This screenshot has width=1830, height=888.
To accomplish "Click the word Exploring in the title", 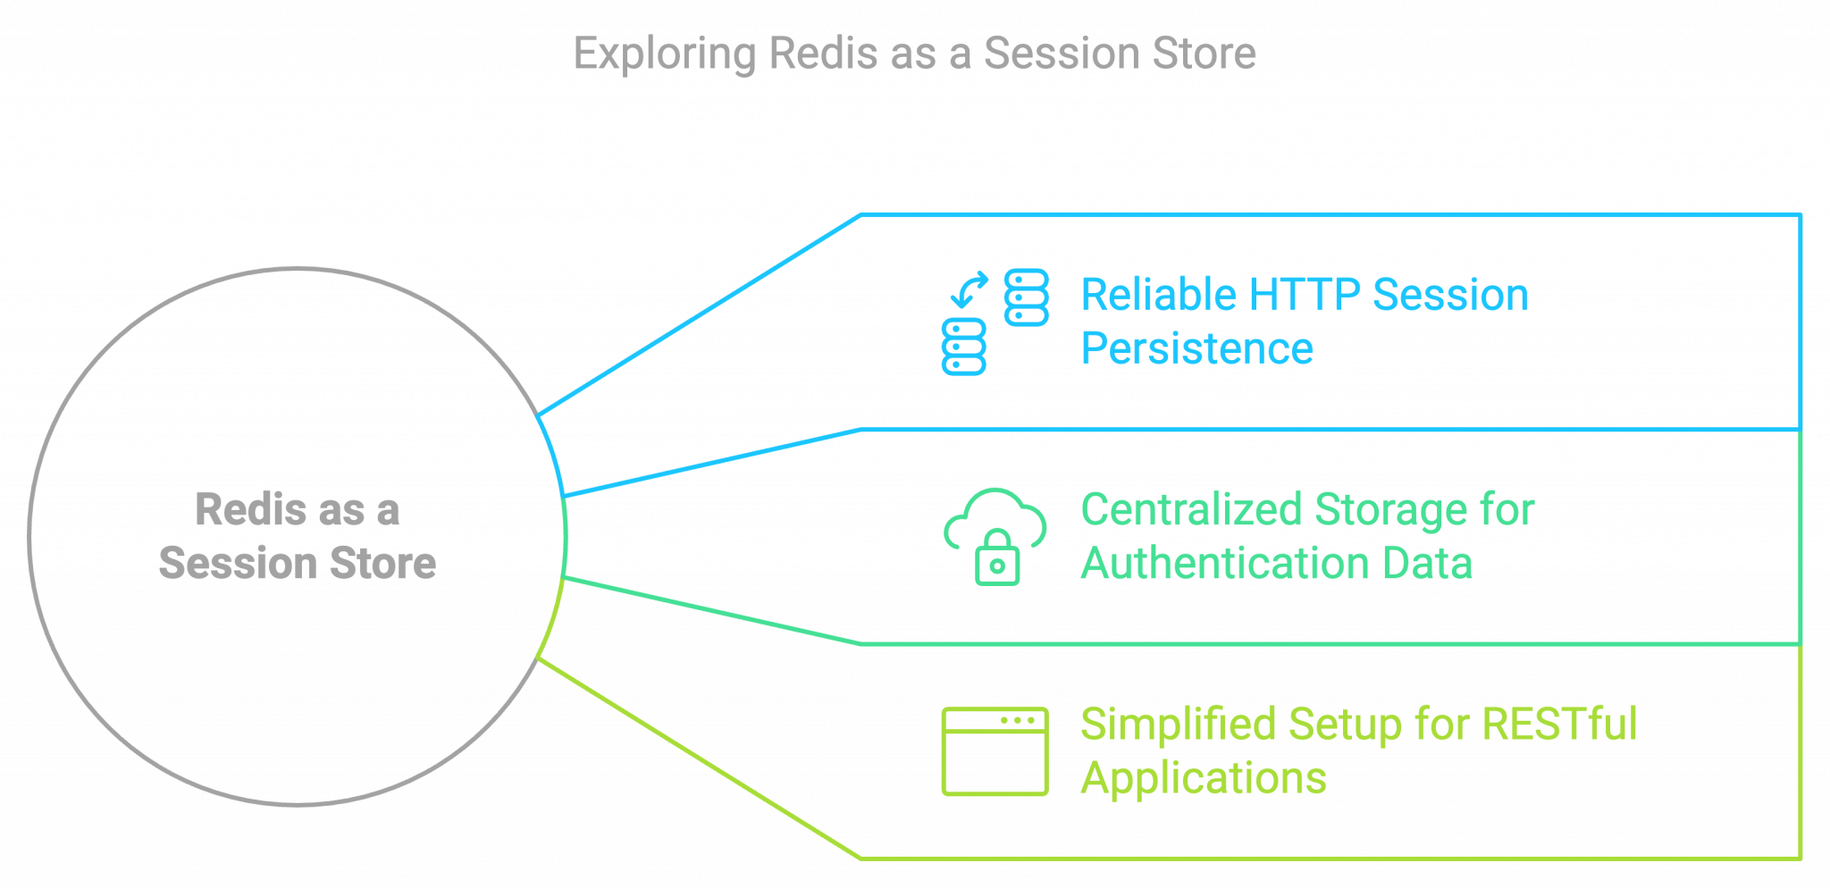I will pos(665,54).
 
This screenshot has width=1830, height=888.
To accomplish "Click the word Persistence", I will pos(1196,348).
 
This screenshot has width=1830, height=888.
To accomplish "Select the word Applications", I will pos(1203,778).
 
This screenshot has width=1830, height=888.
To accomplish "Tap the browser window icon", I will pos(995,751).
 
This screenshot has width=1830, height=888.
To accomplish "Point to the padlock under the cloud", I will pos(997,561).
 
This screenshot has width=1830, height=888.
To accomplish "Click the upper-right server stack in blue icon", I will pos(1026,297).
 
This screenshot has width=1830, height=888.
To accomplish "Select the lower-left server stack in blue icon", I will pos(963,346).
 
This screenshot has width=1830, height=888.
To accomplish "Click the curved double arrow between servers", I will pos(970,289).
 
